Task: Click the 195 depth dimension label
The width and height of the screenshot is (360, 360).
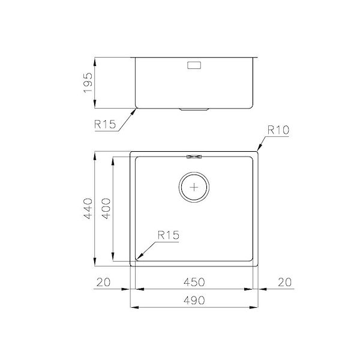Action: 88,83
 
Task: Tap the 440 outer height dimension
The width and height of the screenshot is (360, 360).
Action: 88,208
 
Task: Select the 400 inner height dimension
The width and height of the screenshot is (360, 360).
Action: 106,208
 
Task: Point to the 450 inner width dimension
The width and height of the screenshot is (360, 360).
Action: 194,282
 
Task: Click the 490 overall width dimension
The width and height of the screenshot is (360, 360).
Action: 194,300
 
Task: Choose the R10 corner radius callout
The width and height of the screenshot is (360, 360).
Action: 278,130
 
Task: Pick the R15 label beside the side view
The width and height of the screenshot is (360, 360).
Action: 105,124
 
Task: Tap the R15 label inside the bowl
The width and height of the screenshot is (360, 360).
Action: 168,235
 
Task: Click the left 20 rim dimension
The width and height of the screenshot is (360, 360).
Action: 103,282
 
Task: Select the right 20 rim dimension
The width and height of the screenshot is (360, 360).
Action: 284,282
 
